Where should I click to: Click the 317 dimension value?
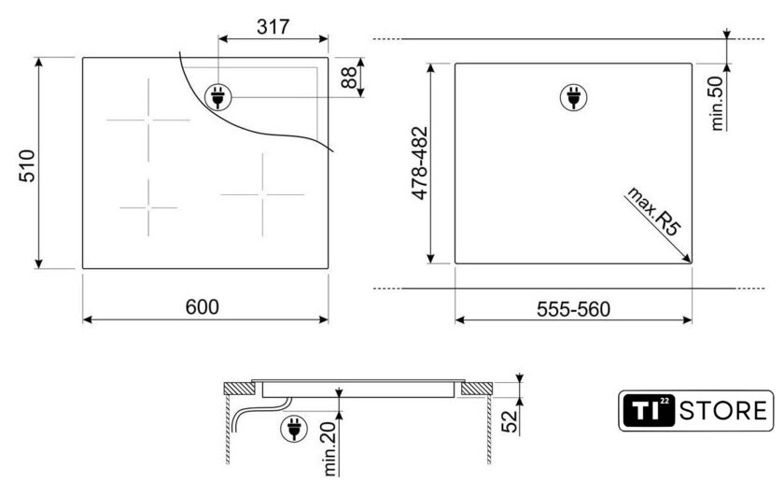tap(273, 26)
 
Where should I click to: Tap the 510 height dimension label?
tap(27, 165)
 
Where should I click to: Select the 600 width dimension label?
tap(202, 306)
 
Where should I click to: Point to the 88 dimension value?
tap(349, 78)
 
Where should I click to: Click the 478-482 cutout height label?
tap(421, 163)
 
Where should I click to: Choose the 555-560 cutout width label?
tap(573, 309)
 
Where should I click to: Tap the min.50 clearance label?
tap(717, 104)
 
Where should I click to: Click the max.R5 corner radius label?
tap(654, 210)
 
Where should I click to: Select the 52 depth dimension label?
tap(509, 421)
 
